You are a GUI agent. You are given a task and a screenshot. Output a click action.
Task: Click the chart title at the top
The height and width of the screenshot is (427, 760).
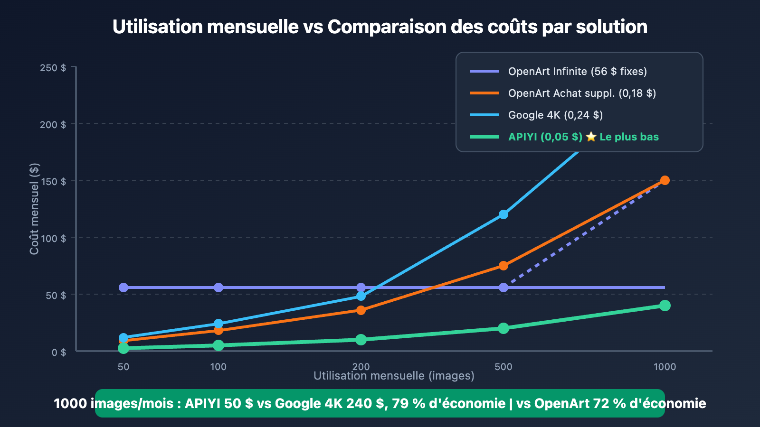tap(380, 27)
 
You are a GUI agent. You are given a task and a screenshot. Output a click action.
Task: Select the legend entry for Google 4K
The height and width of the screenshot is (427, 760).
tap(555, 115)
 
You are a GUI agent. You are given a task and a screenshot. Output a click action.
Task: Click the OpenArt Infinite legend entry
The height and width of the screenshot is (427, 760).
tap(577, 71)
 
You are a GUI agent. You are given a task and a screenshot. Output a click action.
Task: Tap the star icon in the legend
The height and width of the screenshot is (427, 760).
tap(591, 137)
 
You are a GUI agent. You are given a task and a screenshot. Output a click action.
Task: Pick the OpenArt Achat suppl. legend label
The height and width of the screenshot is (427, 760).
tap(582, 93)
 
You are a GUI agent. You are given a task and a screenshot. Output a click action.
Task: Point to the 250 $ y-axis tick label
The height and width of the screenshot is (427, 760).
tap(53, 68)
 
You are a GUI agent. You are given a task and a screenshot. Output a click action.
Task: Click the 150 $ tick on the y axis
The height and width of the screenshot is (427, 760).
tap(53, 181)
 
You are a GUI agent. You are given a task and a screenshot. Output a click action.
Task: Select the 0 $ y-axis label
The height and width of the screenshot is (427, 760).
tap(59, 352)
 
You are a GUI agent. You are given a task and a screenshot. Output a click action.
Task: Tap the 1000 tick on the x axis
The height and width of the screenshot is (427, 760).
tap(665, 366)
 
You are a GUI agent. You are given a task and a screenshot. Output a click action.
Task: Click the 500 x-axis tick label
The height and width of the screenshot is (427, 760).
tap(503, 366)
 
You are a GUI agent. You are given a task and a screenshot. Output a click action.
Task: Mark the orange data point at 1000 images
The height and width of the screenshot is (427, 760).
tap(665, 180)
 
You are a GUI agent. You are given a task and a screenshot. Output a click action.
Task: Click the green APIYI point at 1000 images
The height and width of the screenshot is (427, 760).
tap(665, 306)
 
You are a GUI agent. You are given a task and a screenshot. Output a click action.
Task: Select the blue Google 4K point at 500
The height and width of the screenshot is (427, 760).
tap(503, 214)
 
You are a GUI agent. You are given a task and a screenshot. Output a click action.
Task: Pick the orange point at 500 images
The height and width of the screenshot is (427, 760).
tap(503, 266)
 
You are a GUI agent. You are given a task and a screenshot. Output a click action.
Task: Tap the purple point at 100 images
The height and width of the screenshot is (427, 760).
tap(218, 288)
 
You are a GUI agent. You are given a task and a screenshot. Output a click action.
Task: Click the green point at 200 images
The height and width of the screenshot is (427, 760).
tap(361, 340)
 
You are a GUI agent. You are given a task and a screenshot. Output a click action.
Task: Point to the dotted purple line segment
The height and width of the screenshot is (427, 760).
tap(584, 234)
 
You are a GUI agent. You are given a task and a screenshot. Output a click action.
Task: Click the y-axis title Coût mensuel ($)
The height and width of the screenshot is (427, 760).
tap(34, 209)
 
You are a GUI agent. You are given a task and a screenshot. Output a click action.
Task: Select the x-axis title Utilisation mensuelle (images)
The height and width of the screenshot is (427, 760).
tap(394, 376)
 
